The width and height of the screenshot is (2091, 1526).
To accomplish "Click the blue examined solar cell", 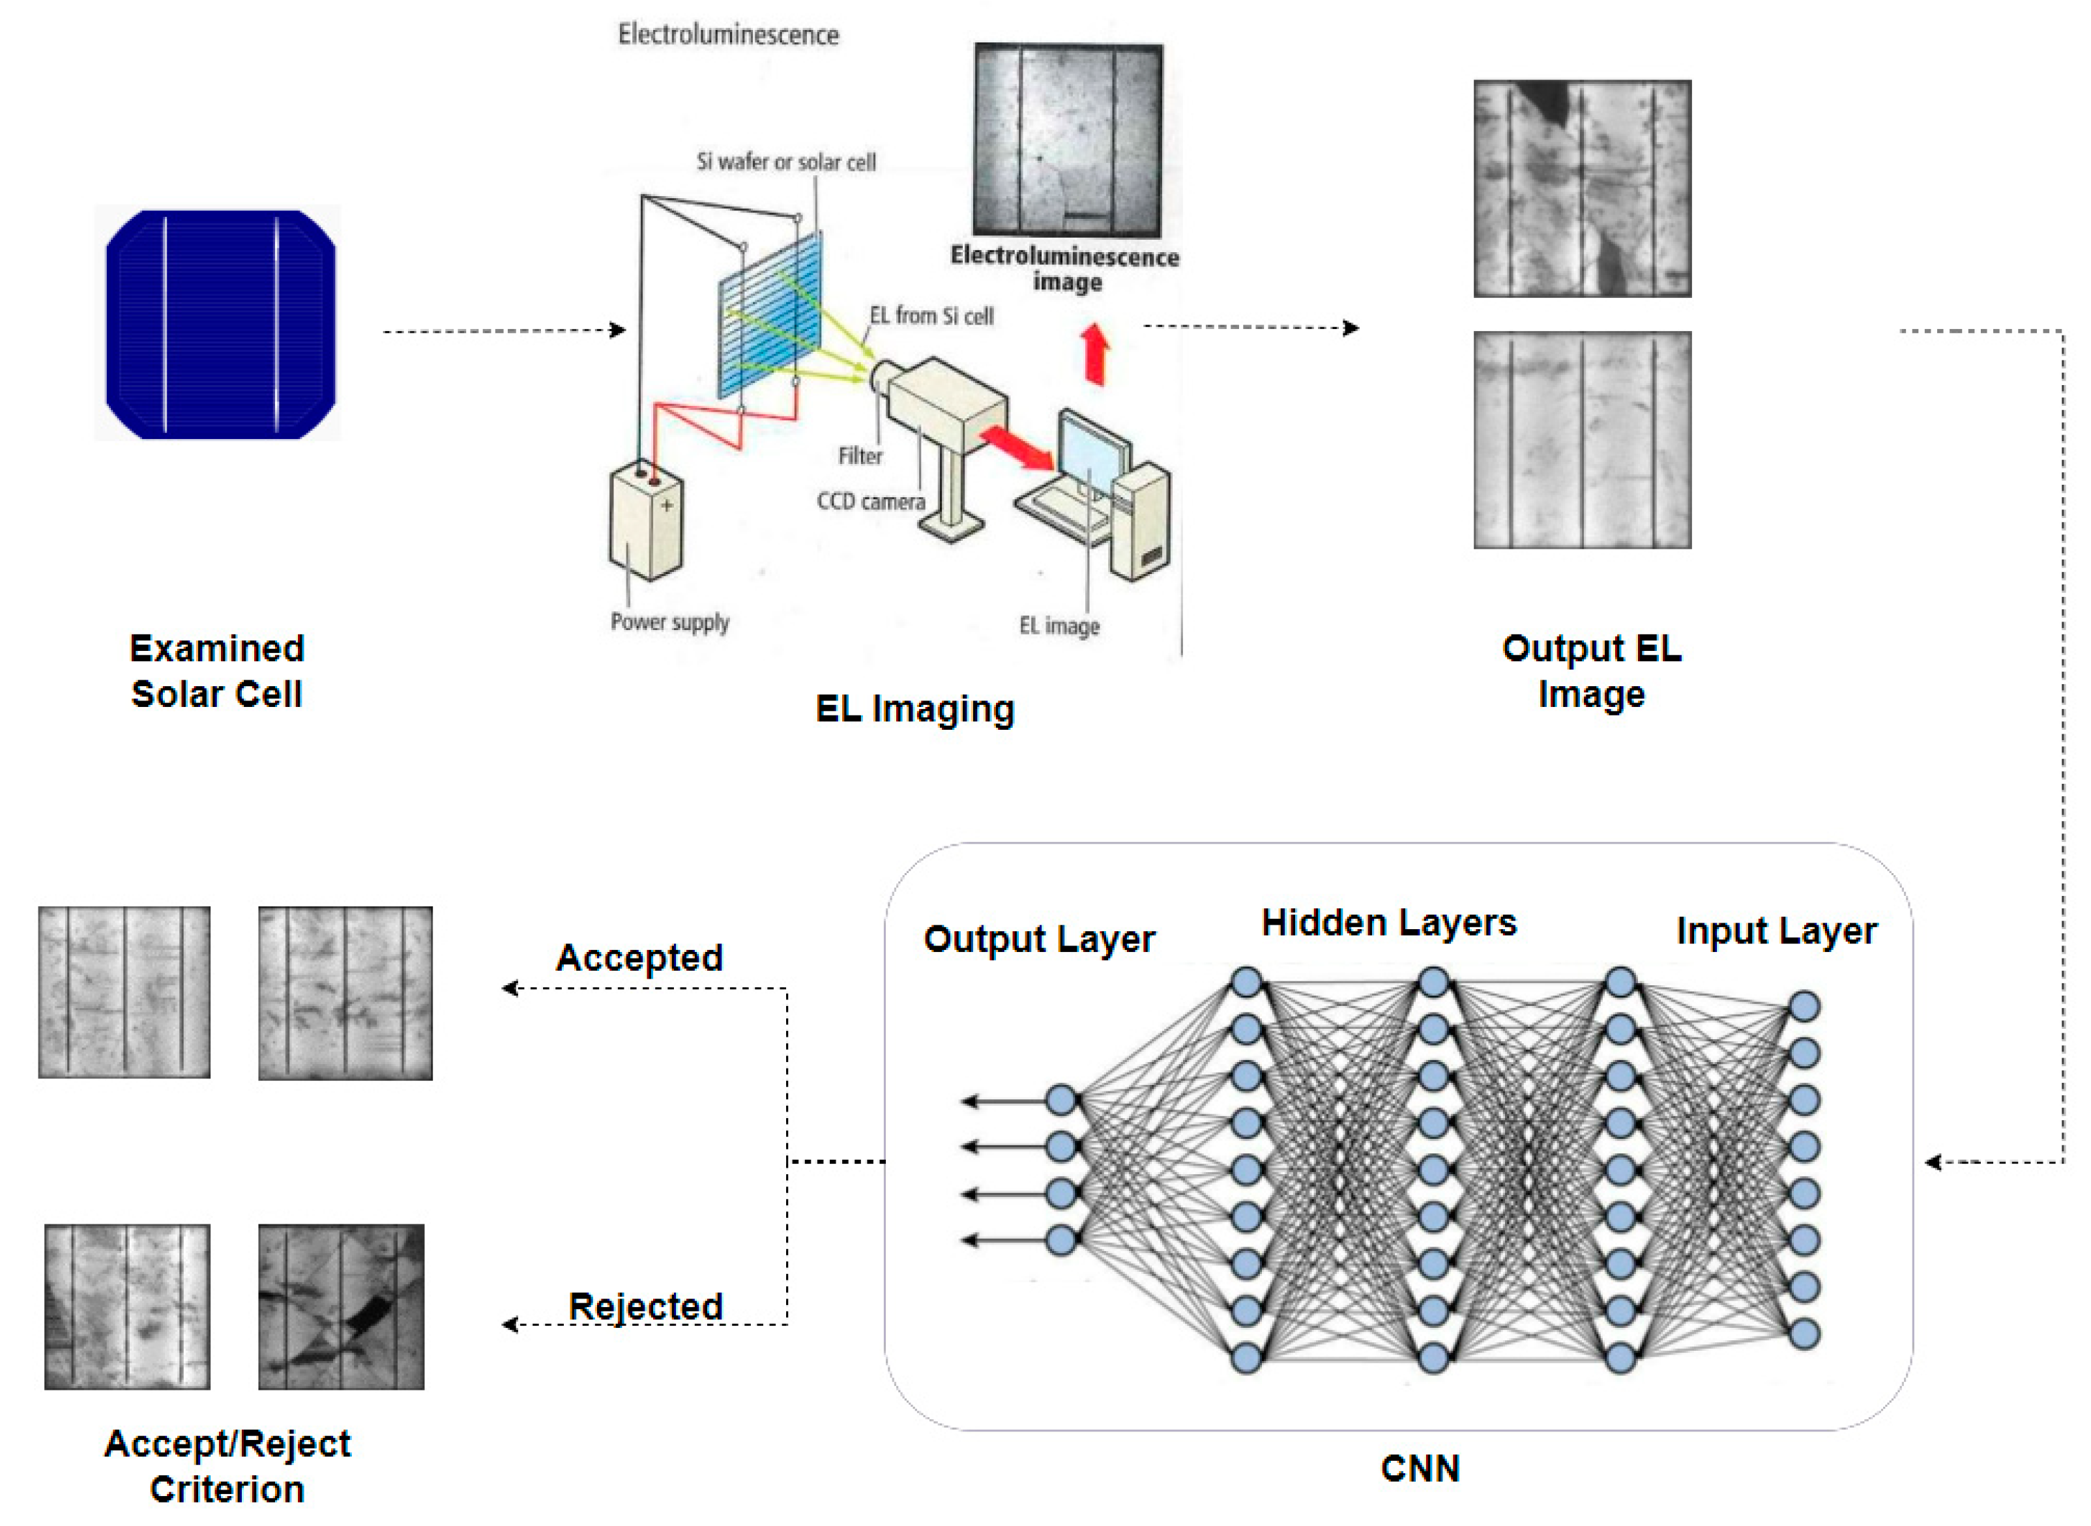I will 220,323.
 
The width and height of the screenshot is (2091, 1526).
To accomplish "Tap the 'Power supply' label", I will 669,622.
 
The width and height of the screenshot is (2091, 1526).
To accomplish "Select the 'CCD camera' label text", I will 870,502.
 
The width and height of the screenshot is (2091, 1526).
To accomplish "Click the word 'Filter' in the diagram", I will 859,456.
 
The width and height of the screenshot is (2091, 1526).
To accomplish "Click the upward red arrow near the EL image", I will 1095,354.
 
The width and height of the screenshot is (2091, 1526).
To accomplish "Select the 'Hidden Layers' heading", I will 1389,923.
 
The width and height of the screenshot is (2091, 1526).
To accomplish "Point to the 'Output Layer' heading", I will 1038,940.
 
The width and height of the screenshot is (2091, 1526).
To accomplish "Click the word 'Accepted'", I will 639,958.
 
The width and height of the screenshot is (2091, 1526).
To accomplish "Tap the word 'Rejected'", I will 645,1306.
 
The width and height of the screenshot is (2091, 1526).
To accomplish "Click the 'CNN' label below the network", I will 1419,1469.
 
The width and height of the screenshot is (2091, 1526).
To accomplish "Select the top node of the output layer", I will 1062,1100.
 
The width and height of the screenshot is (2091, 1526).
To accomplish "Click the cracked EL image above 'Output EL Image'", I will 1582,188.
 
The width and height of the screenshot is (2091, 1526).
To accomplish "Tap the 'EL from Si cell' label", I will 931,316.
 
